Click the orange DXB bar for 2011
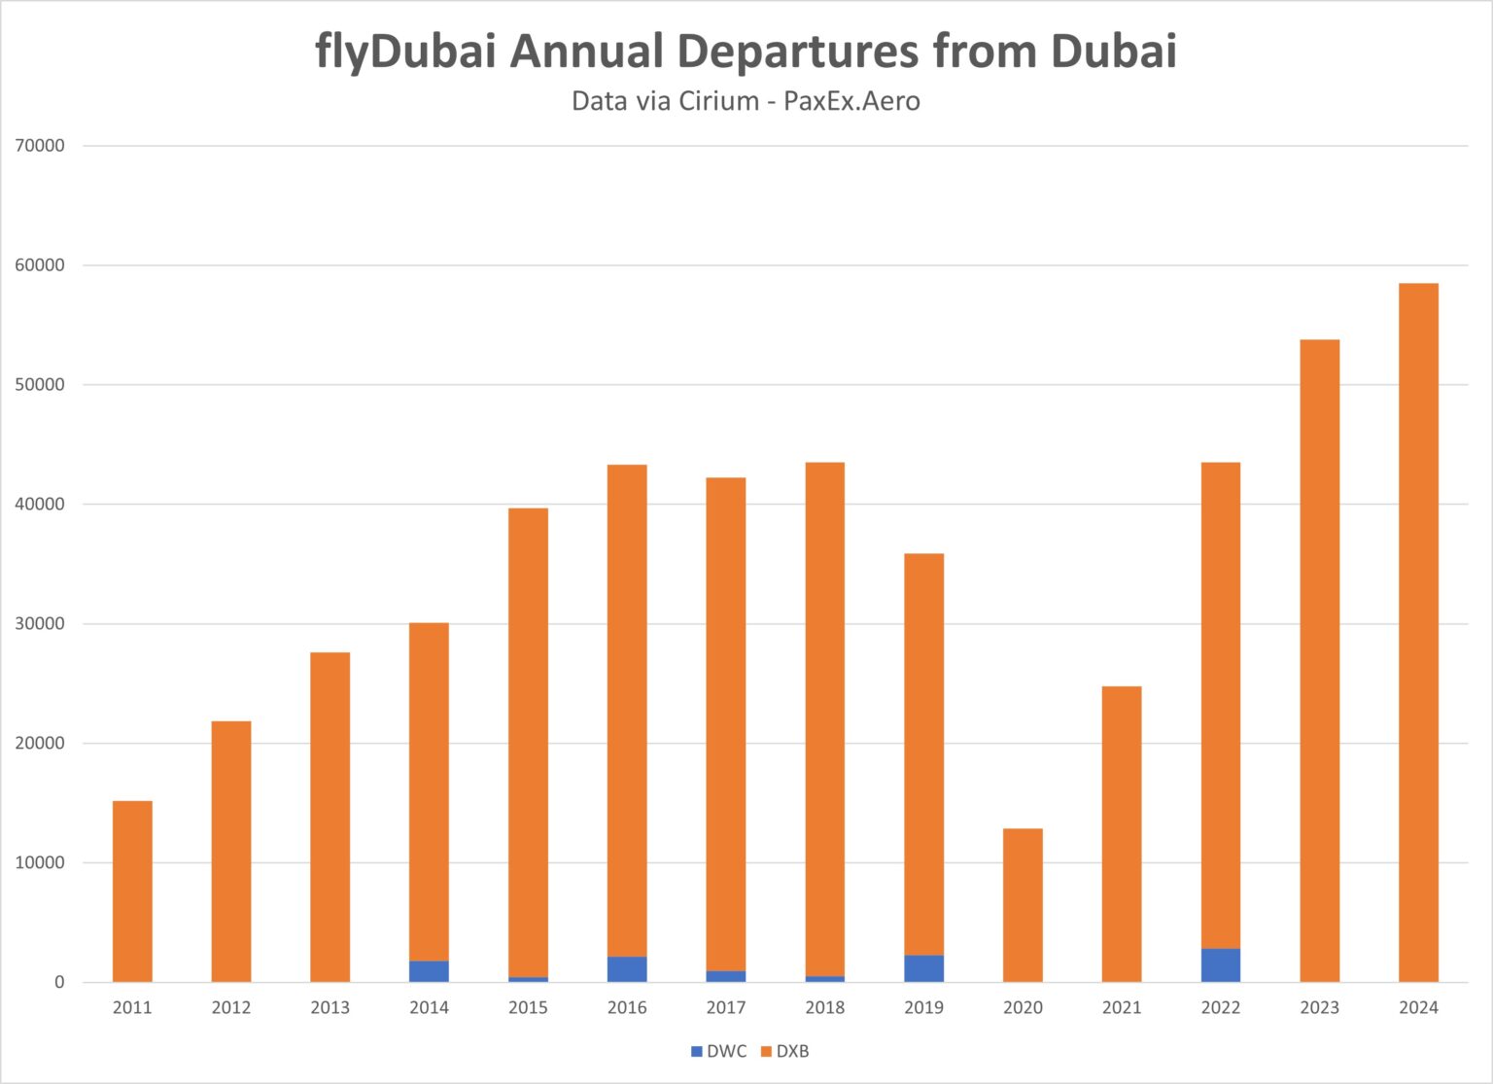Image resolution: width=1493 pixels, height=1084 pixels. click(132, 891)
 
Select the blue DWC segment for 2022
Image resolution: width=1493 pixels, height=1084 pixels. click(1221, 964)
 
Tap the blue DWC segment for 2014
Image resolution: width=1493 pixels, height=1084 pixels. click(429, 970)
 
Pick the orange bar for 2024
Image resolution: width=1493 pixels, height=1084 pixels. click(1418, 632)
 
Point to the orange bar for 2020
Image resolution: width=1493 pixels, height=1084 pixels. click(1023, 904)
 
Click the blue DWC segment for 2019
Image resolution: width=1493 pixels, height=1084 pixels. click(923, 968)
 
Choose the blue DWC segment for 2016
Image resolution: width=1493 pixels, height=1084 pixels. click(627, 969)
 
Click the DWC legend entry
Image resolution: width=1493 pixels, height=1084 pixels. click(718, 1051)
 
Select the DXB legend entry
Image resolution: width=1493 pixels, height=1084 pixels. click(785, 1051)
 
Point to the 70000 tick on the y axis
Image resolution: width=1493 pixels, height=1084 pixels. click(40, 146)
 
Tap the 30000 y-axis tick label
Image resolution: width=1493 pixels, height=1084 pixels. click(40, 623)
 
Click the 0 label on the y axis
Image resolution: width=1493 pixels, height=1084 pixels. click(59, 982)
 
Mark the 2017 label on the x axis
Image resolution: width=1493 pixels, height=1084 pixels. click(726, 1007)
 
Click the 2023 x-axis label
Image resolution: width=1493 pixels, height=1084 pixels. click(1319, 1007)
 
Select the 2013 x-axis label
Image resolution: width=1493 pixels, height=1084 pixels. click(330, 1007)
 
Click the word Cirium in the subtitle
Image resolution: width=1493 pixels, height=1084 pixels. click(718, 101)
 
